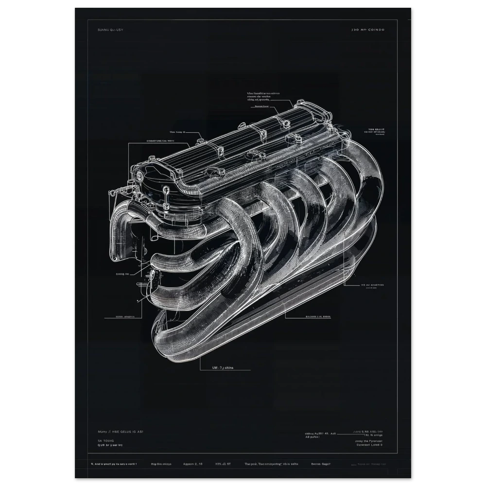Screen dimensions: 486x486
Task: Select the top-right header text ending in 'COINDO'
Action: tap(367, 30)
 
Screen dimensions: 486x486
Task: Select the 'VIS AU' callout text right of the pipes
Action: tap(372, 285)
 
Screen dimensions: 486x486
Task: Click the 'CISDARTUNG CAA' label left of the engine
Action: tap(161, 140)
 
